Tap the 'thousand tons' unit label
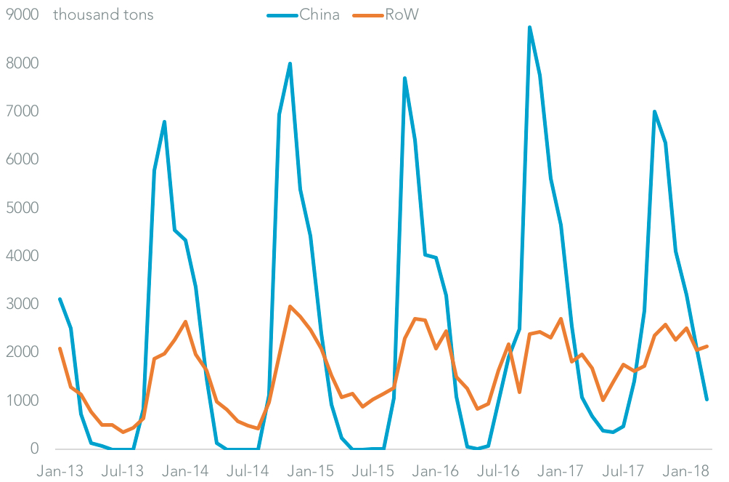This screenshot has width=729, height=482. (103, 15)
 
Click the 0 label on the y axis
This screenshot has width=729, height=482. (33, 449)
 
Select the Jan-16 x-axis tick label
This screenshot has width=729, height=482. (431, 470)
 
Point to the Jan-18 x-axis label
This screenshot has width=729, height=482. (686, 470)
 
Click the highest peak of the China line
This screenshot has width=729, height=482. (529, 27)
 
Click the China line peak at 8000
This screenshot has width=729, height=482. (290, 63)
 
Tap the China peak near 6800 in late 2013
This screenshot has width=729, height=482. (165, 121)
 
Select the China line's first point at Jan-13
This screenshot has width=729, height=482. (60, 299)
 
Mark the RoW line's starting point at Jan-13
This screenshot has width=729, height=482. (60, 348)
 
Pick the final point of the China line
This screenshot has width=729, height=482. (707, 399)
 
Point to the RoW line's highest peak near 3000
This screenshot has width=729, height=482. (290, 306)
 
